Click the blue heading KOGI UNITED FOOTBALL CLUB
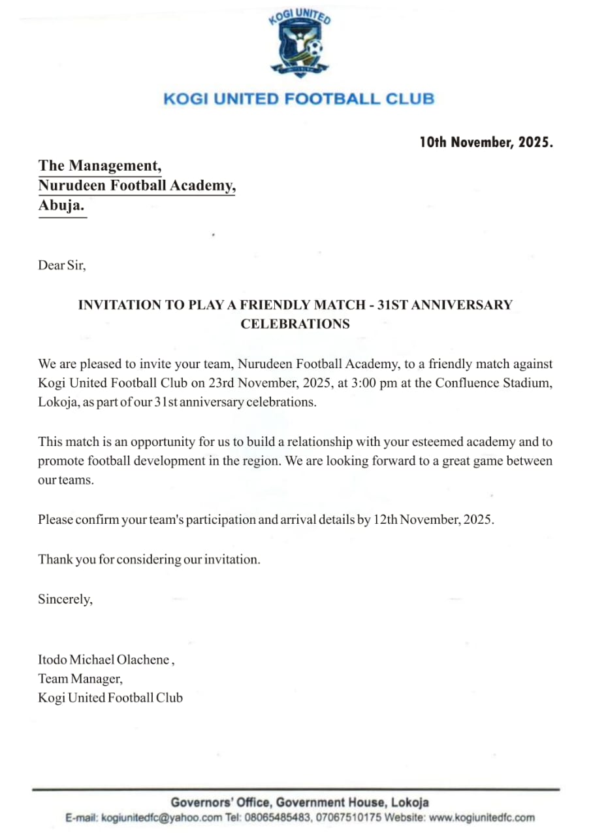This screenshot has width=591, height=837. point(298,99)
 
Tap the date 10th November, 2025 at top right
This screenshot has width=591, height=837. point(486,142)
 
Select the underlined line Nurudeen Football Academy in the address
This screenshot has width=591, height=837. point(136,186)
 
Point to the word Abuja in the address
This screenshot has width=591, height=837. point(61,206)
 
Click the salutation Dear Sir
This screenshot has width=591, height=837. point(62,265)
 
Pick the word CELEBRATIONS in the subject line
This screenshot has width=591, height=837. point(295,324)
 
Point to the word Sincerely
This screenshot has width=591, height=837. point(65,599)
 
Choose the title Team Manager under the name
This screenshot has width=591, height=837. point(80,679)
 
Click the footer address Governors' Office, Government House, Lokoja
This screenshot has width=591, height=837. point(299,802)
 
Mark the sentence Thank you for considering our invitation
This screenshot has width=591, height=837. point(149,560)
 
